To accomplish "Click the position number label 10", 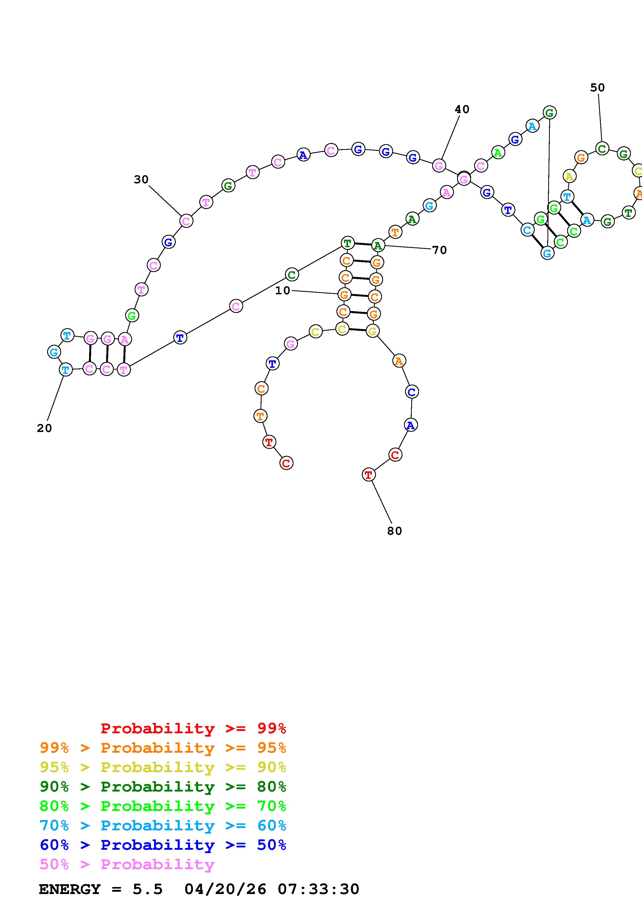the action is tap(283, 291).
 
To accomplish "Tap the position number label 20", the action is tap(44, 428).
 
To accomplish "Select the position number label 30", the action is tap(141, 180).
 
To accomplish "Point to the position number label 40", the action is tap(461, 109).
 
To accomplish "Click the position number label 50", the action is tap(597, 88).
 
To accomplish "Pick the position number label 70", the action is tap(439, 250).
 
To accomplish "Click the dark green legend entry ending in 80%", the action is tap(163, 787).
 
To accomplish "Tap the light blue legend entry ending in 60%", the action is tap(163, 826).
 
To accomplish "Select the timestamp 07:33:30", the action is tap(319, 889).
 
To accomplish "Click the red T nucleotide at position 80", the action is tap(368, 474).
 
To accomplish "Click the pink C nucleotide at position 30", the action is tap(186, 221).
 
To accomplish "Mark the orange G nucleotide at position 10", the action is tap(344, 295).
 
